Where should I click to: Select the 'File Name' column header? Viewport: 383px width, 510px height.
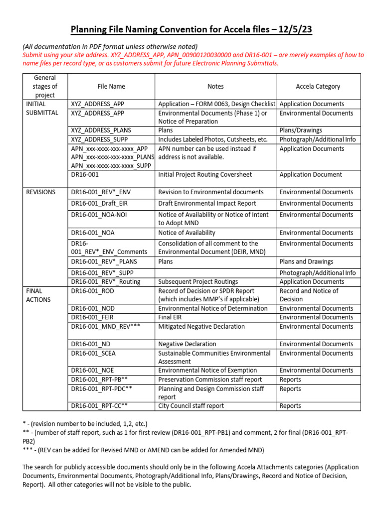(111, 86)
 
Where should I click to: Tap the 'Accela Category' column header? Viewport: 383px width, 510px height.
(318, 86)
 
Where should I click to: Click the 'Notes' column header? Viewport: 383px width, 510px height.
(215, 86)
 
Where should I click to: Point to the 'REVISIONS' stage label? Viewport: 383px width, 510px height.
(40, 192)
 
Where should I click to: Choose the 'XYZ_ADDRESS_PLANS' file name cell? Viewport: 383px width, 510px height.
(101, 130)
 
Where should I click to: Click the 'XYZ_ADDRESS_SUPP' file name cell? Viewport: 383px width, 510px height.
(99, 139)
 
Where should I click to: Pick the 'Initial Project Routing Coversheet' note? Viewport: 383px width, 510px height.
(205, 175)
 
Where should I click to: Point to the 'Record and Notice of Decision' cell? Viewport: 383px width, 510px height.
(309, 295)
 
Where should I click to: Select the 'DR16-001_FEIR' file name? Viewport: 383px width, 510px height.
(94, 317)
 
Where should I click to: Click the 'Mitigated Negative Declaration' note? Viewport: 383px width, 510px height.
(201, 327)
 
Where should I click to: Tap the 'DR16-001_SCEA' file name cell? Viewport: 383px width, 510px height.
(94, 353)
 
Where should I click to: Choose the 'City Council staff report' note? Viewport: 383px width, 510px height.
(191, 406)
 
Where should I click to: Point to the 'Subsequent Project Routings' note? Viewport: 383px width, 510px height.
(198, 282)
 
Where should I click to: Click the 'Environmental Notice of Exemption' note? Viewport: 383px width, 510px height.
(207, 371)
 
